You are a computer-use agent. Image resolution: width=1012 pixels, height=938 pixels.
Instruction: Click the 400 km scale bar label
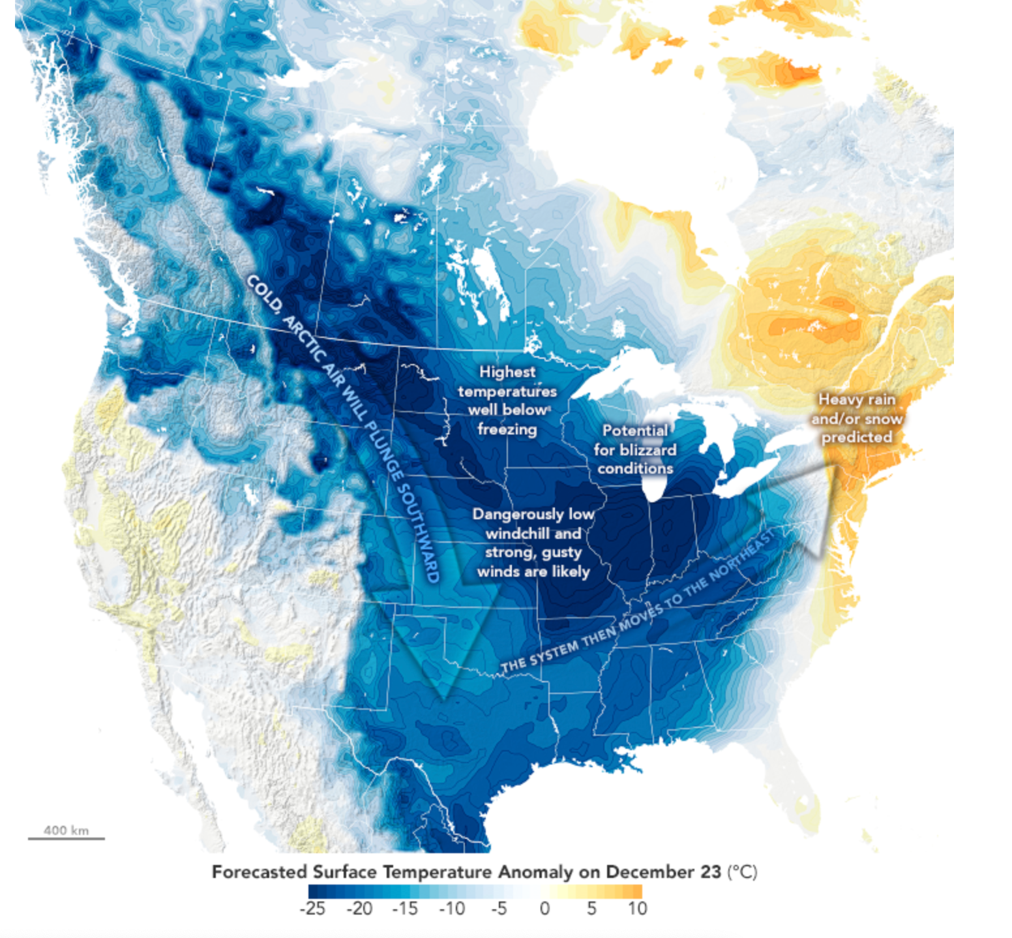66,830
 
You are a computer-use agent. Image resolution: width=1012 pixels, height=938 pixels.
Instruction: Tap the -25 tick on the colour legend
312,909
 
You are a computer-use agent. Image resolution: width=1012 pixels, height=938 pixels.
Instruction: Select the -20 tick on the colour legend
359,909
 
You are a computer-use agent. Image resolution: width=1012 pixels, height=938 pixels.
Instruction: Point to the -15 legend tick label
405,909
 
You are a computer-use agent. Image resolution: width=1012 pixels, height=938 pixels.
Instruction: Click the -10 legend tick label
451,909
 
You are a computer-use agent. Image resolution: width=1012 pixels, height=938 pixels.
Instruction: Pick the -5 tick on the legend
498,909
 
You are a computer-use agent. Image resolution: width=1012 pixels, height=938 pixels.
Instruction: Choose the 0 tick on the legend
544,909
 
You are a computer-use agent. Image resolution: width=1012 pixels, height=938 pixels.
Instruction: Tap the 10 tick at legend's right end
637,909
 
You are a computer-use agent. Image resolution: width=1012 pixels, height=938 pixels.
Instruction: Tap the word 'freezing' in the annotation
507,429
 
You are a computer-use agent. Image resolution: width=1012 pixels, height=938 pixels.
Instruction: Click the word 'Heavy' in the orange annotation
838,399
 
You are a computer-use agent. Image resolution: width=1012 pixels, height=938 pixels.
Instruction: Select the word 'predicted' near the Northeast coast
856,437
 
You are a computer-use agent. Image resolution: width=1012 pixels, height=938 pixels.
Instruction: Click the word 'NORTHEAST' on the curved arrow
742,556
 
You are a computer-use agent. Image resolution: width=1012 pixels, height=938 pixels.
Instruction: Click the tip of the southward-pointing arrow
444,699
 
